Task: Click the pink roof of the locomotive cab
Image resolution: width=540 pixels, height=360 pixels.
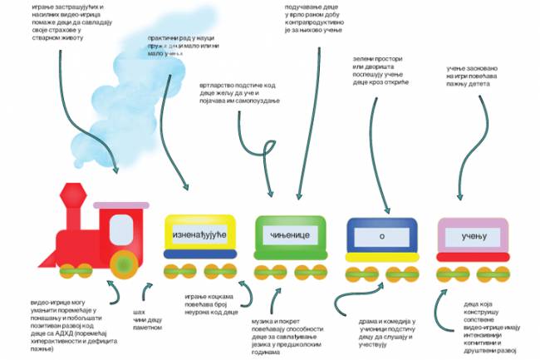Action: pyautogui.click(x=120, y=205)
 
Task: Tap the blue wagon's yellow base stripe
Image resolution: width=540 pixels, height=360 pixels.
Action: pyautogui.click(x=380, y=257)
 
